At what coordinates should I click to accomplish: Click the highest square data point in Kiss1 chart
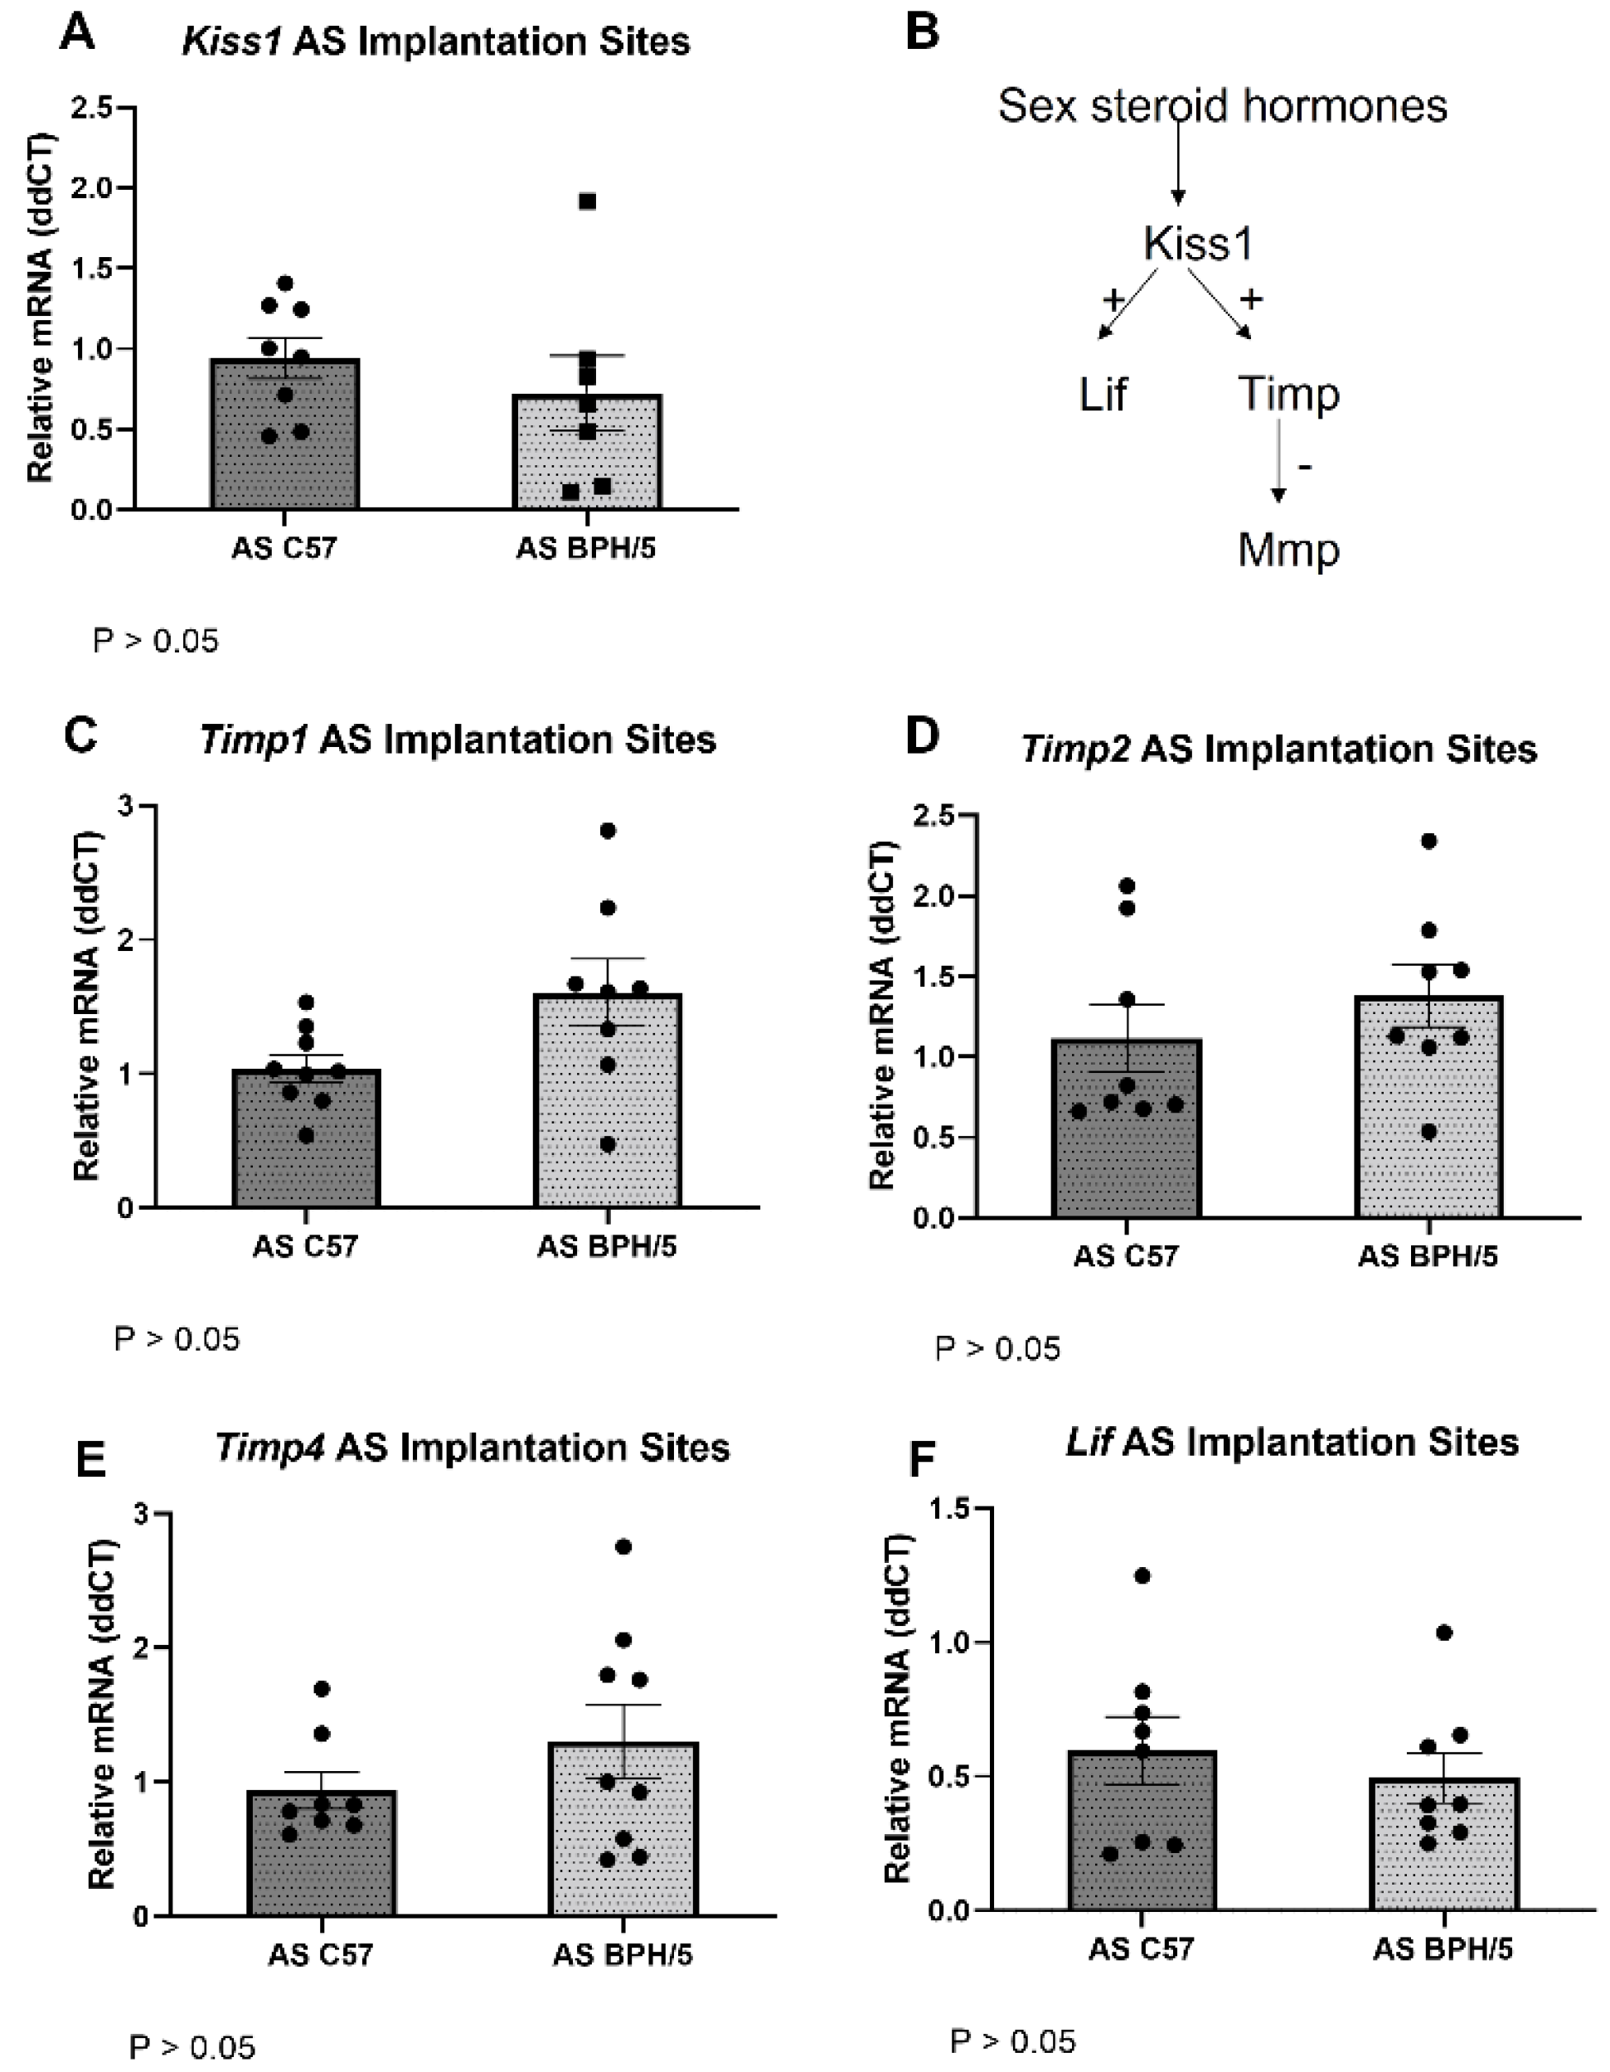pyautogui.click(x=587, y=201)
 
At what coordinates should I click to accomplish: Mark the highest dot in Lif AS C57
pyautogui.click(x=1142, y=1576)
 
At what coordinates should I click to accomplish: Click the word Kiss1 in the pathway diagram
pyautogui.click(x=1198, y=243)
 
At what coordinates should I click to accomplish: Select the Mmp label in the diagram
pyautogui.click(x=1288, y=551)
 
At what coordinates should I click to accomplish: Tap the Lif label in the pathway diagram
pyautogui.click(x=1103, y=394)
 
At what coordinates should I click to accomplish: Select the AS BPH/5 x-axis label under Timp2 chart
pyautogui.click(x=1427, y=1257)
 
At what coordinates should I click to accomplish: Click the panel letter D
pyautogui.click(x=922, y=735)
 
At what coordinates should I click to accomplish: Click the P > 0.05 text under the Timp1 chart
pyautogui.click(x=177, y=1340)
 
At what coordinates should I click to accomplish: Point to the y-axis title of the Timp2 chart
pyautogui.click(x=882, y=1015)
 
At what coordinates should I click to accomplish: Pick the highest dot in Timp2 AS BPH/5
pyautogui.click(x=1428, y=841)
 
